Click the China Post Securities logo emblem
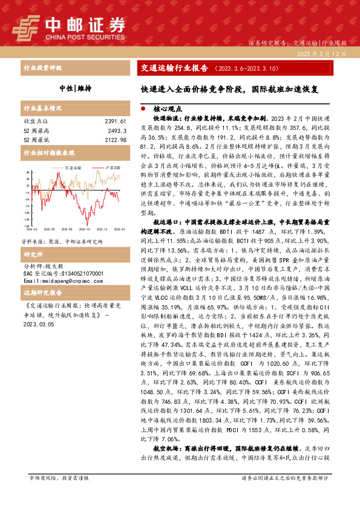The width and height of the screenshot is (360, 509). point(28,27)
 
